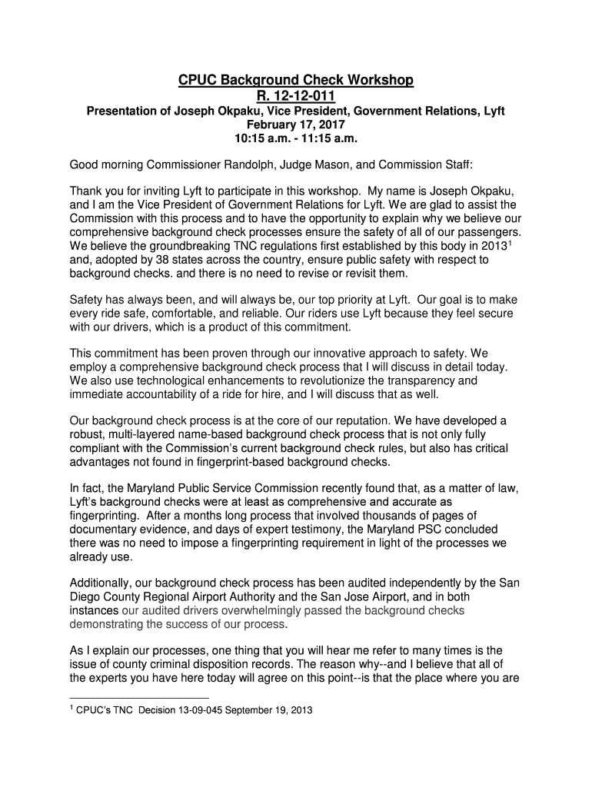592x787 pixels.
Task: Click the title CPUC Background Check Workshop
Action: pos(296,81)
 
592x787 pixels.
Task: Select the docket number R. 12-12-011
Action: pos(295,96)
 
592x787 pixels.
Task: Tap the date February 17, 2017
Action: pos(295,125)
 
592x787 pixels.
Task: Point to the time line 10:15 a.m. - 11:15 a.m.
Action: pos(295,139)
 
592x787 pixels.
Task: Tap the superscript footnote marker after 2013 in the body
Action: pos(510,242)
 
